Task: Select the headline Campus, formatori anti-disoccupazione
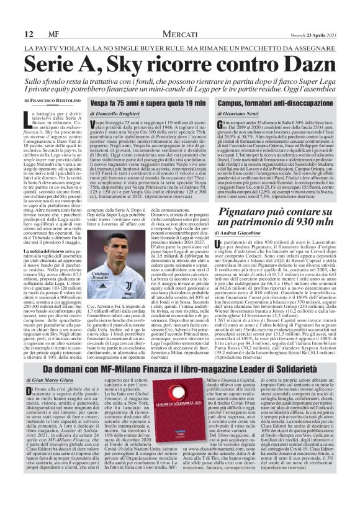(276, 102)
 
